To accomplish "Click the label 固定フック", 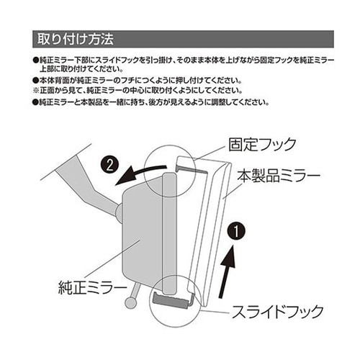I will (x=261, y=145).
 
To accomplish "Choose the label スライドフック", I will (x=276, y=312).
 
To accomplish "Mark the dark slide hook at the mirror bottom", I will (x=171, y=297).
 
